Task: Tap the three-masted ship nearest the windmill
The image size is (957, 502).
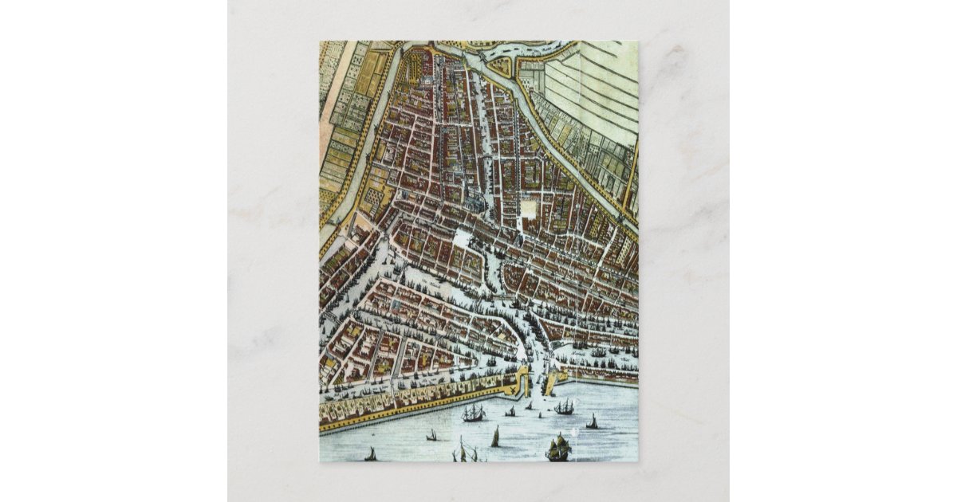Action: [x=473, y=413]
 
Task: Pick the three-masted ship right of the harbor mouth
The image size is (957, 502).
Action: [x=565, y=406]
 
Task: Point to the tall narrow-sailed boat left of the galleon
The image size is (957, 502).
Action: [x=495, y=437]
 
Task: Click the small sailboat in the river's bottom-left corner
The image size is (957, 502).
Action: [x=371, y=454]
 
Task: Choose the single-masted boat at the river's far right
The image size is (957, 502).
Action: [x=592, y=422]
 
